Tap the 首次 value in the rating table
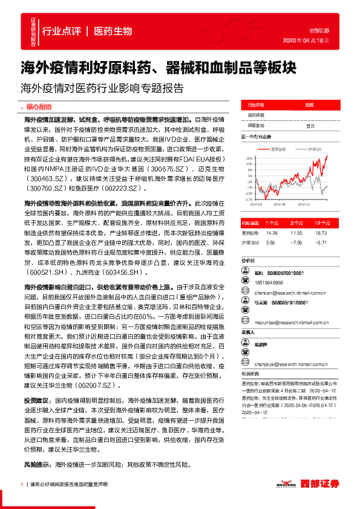coord(310,126)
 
